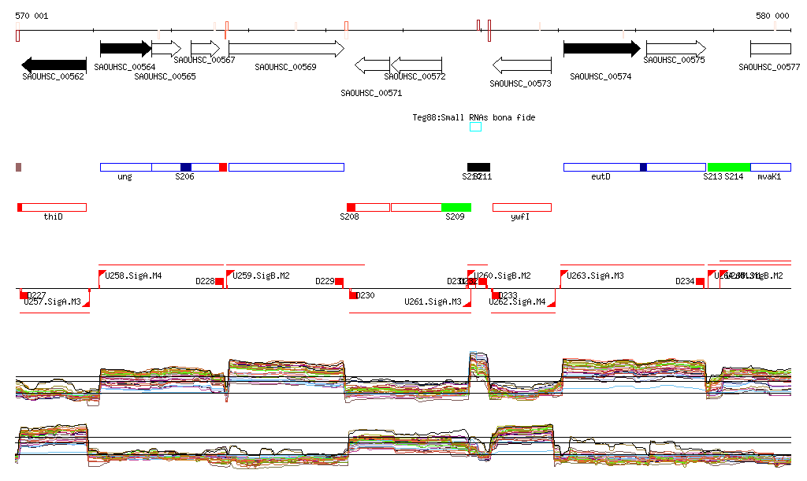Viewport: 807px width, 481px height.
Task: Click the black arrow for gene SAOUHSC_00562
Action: tap(54, 65)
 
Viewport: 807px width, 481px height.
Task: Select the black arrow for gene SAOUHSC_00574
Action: tap(601, 49)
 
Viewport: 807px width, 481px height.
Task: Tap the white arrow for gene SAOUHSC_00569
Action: tap(286, 49)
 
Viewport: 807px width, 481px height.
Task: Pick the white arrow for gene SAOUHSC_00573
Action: tap(522, 65)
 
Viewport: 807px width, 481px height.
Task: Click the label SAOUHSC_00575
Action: tap(674, 60)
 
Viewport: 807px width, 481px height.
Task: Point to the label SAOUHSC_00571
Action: tap(371, 93)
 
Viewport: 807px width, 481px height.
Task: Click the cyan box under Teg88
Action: tap(475, 127)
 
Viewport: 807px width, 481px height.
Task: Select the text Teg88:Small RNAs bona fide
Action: tap(474, 117)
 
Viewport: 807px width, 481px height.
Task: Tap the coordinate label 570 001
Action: tap(32, 16)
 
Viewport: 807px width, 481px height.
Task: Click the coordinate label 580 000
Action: tap(772, 16)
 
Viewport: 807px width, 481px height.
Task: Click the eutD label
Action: tap(601, 177)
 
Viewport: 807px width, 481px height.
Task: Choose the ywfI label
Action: tap(519, 216)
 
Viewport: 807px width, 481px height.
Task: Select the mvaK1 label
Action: tap(768, 177)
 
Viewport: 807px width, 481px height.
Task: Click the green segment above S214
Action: tap(728, 167)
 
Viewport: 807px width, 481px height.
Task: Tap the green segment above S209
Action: tap(456, 207)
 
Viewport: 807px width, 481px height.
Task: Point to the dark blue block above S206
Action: tap(186, 167)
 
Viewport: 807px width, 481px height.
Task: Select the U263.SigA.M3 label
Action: tap(596, 276)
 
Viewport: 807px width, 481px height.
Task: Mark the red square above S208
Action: tap(351, 207)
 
